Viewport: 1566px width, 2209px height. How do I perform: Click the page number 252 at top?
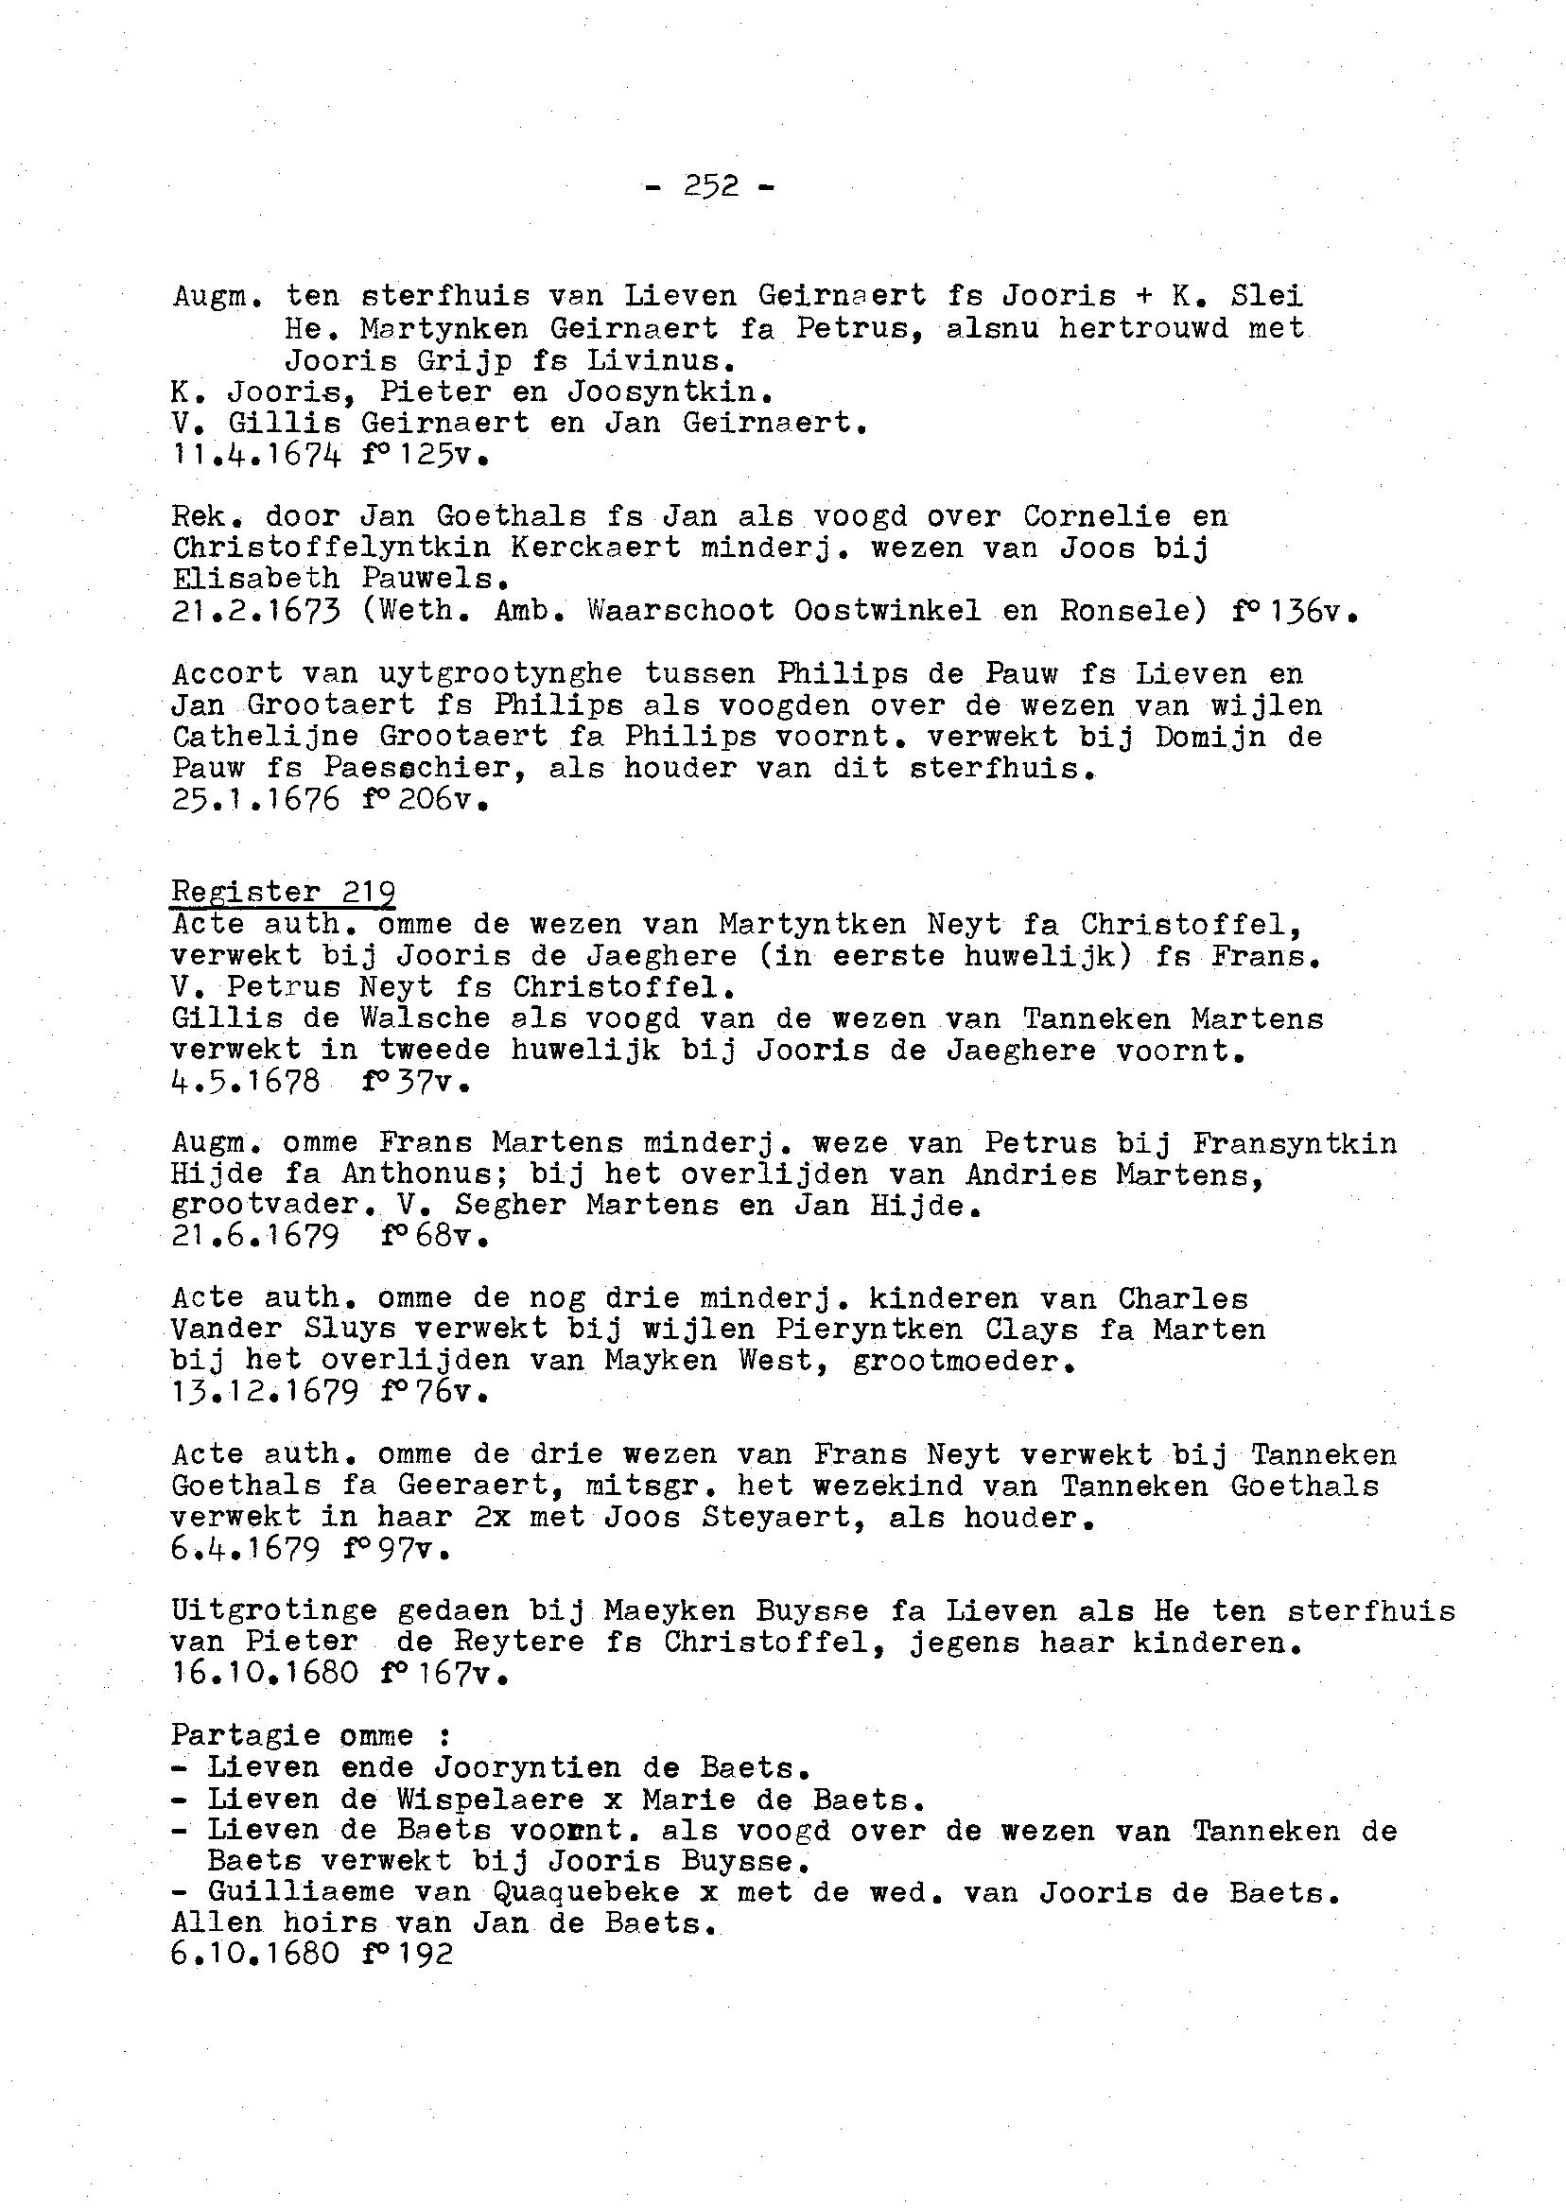[x=711, y=185]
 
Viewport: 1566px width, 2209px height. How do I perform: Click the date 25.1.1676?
[x=255, y=799]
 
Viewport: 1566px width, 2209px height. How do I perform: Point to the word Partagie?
[x=246, y=1735]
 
